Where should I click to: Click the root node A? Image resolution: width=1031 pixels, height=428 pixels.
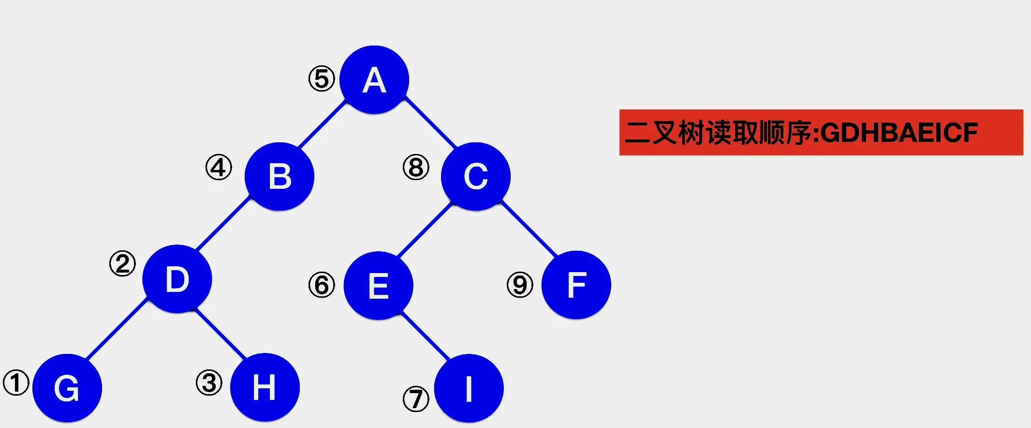(374, 80)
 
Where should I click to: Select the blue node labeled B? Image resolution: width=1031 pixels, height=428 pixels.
(280, 176)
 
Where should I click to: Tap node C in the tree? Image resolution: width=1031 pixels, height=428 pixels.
(476, 176)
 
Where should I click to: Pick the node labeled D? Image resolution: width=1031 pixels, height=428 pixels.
(177, 279)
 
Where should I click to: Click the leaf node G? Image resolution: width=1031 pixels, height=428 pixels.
(67, 388)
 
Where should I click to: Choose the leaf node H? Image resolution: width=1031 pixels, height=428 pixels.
(265, 387)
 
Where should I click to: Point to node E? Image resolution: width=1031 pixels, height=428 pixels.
(378, 286)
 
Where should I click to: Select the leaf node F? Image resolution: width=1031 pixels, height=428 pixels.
(576, 285)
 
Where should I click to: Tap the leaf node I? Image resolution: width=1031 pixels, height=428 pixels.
(469, 388)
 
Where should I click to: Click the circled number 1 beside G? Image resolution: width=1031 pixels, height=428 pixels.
(16, 383)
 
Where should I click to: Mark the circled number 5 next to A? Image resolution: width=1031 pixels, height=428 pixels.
(322, 79)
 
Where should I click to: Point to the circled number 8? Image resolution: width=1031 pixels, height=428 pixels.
(416, 168)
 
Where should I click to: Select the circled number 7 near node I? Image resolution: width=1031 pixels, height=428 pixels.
(416, 399)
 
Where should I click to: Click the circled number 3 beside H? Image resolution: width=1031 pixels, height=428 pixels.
(209, 382)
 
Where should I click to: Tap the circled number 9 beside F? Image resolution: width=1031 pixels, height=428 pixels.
(520, 285)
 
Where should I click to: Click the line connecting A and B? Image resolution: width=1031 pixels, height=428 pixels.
(323, 124)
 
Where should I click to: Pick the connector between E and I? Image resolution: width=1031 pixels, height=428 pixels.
(426, 336)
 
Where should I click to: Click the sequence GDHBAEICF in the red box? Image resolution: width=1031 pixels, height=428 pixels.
(899, 133)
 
